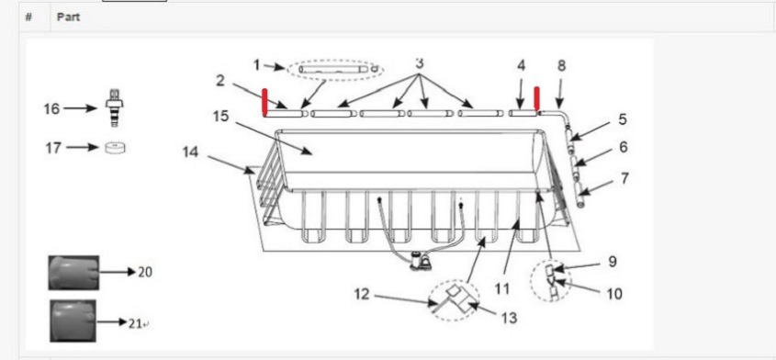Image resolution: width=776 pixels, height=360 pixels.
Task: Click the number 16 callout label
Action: click(52, 108)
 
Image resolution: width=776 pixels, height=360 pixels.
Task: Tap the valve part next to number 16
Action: click(114, 107)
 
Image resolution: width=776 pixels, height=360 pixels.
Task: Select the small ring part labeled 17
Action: click(115, 148)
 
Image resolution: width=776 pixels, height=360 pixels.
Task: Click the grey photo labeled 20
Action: click(73, 273)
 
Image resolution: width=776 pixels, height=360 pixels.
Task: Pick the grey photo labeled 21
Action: click(73, 321)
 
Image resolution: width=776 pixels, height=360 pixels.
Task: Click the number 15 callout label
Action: click(220, 117)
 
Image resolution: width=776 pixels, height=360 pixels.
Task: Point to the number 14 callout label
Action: click(190, 152)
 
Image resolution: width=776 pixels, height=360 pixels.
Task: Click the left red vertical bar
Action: click(264, 102)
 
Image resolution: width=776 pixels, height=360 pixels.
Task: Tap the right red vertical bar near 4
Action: click(536, 99)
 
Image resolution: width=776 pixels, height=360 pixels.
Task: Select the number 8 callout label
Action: click(561, 65)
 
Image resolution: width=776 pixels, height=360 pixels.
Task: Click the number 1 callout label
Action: click(256, 65)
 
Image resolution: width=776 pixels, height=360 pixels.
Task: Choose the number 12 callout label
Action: click(362, 294)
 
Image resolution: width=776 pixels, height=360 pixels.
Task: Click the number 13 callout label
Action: click(509, 318)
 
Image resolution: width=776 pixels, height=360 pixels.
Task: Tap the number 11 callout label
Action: click(501, 288)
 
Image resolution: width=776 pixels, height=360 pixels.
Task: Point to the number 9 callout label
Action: click(613, 262)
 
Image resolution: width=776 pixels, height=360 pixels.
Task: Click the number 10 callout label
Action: click(614, 294)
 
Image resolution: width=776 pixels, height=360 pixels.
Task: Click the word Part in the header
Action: click(68, 17)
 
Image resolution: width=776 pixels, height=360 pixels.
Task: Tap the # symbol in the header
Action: click(28, 17)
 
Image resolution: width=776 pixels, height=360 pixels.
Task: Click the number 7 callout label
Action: click(625, 178)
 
